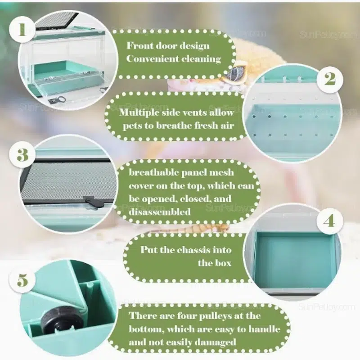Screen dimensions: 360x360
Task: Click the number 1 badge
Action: [x=22, y=30]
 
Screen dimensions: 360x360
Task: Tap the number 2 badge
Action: [x=330, y=80]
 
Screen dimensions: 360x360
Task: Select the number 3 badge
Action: [x=22, y=155]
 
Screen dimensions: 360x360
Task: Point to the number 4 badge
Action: [x=330, y=221]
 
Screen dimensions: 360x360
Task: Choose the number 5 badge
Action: [x=22, y=280]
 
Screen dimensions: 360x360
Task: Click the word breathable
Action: [x=153, y=172]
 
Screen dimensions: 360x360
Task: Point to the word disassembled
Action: [x=160, y=211]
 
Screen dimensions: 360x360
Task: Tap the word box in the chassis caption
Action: [x=222, y=263]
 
